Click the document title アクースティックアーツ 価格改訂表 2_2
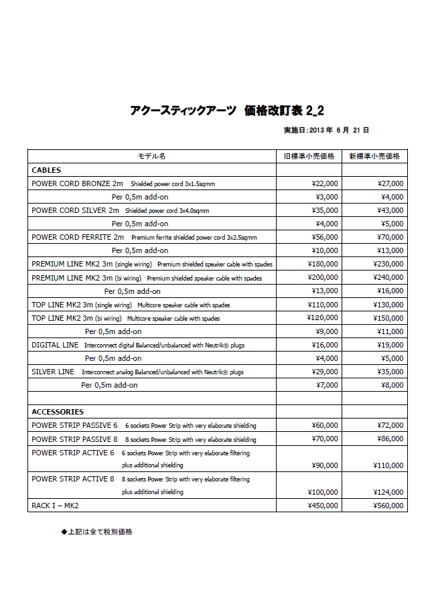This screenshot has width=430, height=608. pyautogui.click(x=228, y=110)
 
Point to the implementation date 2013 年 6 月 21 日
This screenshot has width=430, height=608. pyautogui.click(x=326, y=130)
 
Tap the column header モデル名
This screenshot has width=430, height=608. pyautogui.click(x=151, y=156)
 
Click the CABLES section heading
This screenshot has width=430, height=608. pyautogui.click(x=46, y=170)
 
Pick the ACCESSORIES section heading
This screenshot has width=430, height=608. pyautogui.click(x=58, y=412)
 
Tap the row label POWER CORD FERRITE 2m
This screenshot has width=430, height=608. pyautogui.click(x=78, y=237)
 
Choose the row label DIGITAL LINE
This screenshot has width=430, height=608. pyautogui.click(x=55, y=345)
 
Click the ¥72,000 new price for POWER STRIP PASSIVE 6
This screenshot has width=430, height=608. pyautogui.click(x=389, y=425)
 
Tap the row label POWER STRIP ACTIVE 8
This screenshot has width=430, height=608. pyautogui.click(x=74, y=479)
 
